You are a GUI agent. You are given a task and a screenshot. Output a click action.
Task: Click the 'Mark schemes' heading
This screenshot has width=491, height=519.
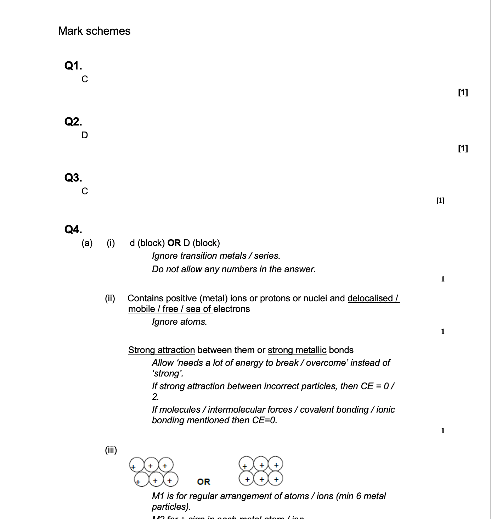point(94,31)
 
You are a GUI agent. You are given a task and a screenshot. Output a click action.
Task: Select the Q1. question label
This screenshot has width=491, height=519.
point(73,66)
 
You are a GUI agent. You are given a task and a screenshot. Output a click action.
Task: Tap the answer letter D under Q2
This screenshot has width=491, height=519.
point(85,135)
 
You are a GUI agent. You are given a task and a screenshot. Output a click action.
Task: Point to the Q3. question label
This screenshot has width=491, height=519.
point(73,178)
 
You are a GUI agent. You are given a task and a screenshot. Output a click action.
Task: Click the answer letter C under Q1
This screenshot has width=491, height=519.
point(85,79)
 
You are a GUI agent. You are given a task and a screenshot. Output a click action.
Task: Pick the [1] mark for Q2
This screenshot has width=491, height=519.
point(463,148)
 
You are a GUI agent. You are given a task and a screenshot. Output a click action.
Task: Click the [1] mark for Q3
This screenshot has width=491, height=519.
point(440,201)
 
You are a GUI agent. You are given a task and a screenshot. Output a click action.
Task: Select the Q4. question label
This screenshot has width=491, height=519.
point(73,229)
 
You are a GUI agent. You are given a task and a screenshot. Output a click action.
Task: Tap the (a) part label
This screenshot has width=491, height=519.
point(87,243)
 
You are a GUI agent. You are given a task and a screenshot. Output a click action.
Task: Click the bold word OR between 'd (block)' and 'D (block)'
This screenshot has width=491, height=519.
point(174,243)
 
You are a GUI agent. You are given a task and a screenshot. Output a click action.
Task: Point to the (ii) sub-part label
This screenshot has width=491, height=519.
point(110,298)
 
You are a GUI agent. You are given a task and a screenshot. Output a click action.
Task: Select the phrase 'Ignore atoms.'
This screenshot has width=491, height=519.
point(179,322)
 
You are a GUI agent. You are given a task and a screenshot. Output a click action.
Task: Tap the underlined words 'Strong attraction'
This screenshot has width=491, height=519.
point(162,350)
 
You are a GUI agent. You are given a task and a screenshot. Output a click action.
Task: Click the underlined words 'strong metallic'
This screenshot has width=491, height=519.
point(297,350)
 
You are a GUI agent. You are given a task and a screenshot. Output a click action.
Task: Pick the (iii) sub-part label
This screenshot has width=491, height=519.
point(111,450)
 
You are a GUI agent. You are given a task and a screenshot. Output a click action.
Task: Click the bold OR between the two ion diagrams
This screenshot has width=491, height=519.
point(204,482)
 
